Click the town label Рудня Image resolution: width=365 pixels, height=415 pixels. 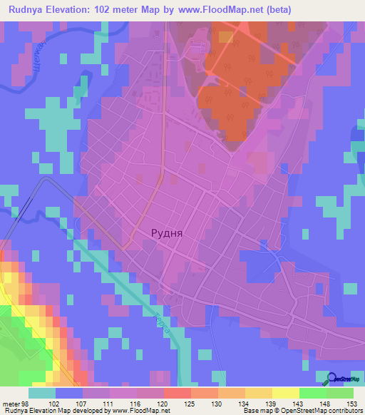coord(168,232)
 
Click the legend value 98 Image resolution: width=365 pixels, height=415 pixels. coord(26,404)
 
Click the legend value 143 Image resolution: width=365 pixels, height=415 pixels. coord(299,404)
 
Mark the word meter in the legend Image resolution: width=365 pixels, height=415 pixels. coord(11,404)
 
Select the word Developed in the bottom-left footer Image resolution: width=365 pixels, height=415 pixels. coord(88,411)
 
